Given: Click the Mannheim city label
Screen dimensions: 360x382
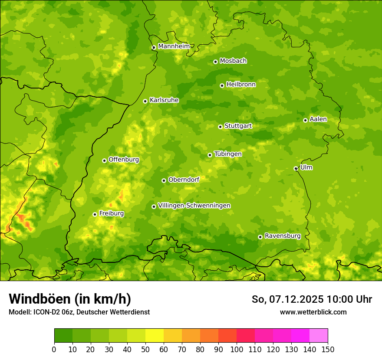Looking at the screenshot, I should [174, 46].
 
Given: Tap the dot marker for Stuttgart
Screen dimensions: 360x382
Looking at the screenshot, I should [221, 127].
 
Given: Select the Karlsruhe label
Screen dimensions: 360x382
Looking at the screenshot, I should [164, 100].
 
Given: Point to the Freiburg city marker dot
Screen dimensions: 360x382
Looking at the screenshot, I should [95, 214].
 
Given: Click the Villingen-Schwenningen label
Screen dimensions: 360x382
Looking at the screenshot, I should [194, 206].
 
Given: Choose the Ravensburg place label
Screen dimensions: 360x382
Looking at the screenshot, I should [283, 236].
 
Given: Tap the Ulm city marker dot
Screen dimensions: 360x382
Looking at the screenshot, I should [296, 168].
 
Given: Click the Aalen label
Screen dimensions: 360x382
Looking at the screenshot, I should [318, 119].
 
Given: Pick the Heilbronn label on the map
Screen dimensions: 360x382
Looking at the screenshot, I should [241, 85].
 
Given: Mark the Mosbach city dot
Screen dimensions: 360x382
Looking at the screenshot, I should [215, 62].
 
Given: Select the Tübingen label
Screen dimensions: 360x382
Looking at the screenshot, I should [228, 154].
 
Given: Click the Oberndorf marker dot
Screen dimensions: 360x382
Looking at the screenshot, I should [164, 180].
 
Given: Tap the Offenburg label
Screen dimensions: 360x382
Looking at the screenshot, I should [124, 160].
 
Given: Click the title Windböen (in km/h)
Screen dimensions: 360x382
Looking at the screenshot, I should [70, 299].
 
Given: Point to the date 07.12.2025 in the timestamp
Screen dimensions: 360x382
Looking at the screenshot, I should [297, 299].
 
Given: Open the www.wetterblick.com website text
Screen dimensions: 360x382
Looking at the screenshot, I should [313, 312].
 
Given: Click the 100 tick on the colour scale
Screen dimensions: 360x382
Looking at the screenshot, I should [237, 349].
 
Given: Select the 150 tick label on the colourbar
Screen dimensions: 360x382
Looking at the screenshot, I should [328, 349].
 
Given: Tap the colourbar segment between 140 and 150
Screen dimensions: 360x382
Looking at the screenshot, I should [319, 335].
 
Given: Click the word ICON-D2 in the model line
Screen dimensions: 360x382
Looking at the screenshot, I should [46, 312].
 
